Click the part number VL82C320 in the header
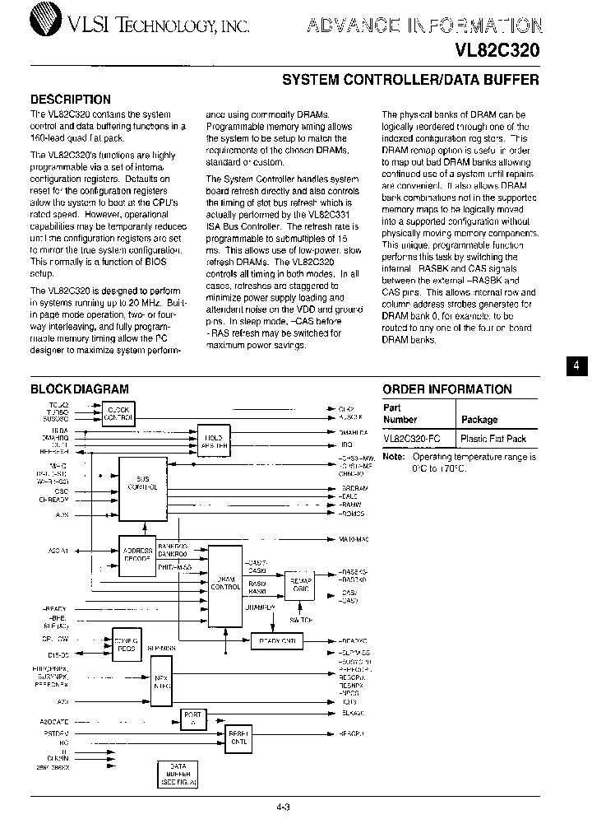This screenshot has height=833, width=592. point(497,50)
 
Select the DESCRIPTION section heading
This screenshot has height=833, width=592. point(71,100)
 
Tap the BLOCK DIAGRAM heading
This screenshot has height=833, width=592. point(79,389)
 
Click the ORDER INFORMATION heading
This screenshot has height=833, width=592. point(446,389)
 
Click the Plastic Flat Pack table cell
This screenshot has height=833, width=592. point(493,440)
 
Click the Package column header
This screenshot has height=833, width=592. point(479,419)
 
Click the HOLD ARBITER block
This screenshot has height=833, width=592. point(213,439)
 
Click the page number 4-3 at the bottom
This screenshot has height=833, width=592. point(284,808)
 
